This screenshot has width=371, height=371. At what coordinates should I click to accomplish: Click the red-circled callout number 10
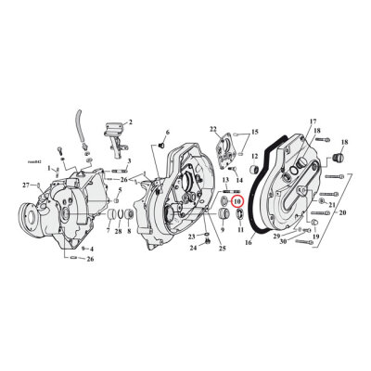point(237,200)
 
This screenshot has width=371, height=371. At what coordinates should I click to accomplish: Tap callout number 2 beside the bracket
point(130,122)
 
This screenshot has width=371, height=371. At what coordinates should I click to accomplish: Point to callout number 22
point(213,129)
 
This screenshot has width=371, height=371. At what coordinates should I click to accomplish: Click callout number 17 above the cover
point(287,122)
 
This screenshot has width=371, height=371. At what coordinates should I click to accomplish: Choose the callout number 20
point(166,134)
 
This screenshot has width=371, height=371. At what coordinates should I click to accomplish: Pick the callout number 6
point(166,134)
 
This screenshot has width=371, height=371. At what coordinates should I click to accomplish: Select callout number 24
point(193,249)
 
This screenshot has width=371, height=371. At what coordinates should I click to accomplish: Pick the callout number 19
point(315,237)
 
